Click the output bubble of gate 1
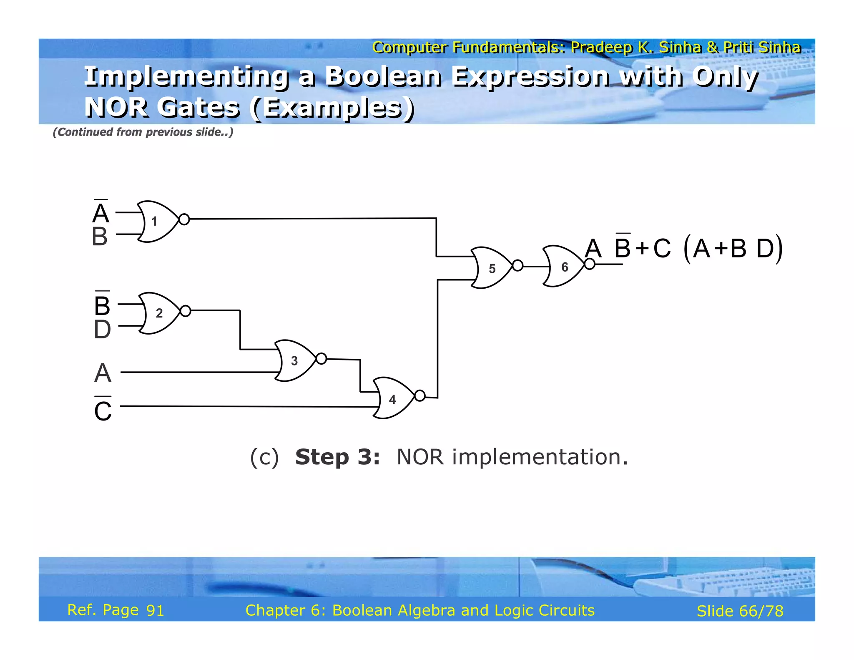(184, 219)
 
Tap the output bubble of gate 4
(420, 395)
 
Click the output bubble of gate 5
(517, 265)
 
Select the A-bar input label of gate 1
(101, 212)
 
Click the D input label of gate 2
(102, 330)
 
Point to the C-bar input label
(103, 410)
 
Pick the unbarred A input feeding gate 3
(103, 373)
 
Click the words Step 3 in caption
(337, 457)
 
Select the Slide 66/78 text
(740, 611)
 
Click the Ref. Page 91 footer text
(116, 610)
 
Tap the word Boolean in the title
(383, 77)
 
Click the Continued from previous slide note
(143, 132)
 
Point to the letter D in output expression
(765, 249)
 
